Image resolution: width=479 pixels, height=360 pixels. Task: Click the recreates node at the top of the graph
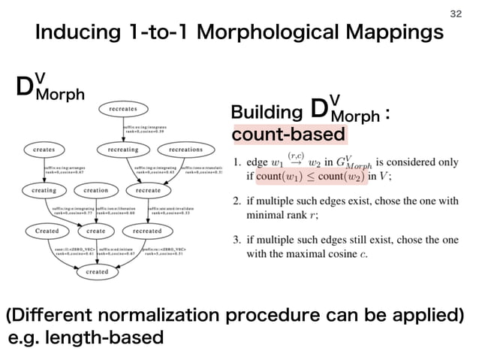122,109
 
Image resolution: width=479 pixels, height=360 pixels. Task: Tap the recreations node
185,150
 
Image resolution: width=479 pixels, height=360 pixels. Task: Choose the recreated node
147,230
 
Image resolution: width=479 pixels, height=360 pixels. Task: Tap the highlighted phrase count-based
290,135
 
